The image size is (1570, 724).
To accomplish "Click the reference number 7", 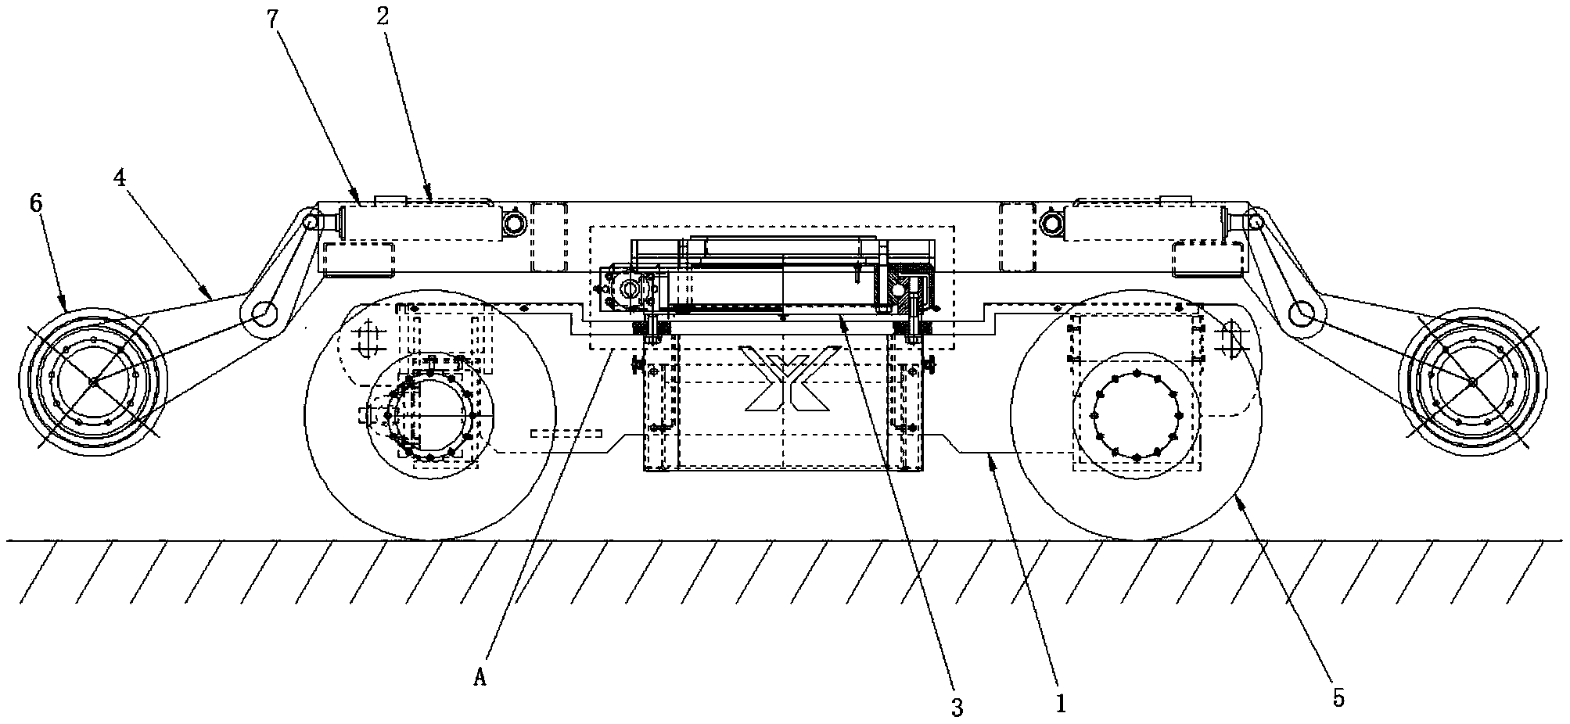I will tap(271, 18).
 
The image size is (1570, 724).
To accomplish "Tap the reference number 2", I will tap(382, 16).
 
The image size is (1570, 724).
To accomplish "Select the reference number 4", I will tap(119, 178).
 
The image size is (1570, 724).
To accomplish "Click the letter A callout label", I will tap(480, 678).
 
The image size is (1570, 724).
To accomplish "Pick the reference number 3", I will tap(957, 708).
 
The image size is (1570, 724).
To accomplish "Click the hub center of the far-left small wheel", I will tap(92, 381).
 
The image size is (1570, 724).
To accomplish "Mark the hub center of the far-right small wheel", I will tap(1471, 381).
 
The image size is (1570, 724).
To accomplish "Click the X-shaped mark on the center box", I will tap(789, 379).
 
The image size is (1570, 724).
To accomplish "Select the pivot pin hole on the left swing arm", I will tap(265, 314).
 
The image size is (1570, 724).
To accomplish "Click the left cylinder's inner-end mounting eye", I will tap(514, 224).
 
